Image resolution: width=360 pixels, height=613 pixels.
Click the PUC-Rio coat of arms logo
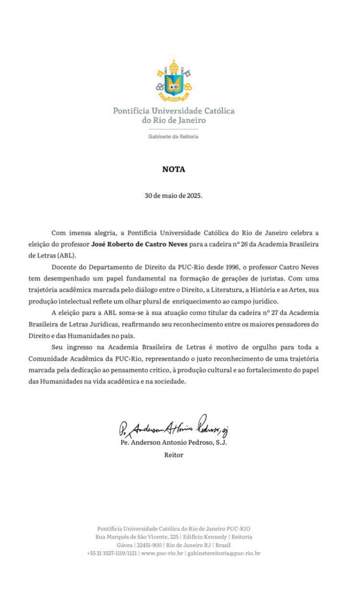(x=174, y=81)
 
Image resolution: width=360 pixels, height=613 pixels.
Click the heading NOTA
(x=174, y=170)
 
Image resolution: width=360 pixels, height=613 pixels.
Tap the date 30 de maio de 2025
(x=174, y=196)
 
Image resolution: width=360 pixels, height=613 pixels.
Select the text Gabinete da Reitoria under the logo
(x=174, y=136)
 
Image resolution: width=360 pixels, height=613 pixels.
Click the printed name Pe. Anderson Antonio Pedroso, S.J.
(x=174, y=442)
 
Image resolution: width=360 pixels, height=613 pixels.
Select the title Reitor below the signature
(x=174, y=454)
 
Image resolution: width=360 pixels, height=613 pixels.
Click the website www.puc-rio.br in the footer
(x=162, y=553)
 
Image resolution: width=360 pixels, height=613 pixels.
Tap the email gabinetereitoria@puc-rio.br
(x=224, y=553)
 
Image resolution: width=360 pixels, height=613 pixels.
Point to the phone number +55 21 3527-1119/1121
(x=112, y=553)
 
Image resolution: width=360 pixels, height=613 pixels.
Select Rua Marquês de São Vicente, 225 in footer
(x=137, y=536)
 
